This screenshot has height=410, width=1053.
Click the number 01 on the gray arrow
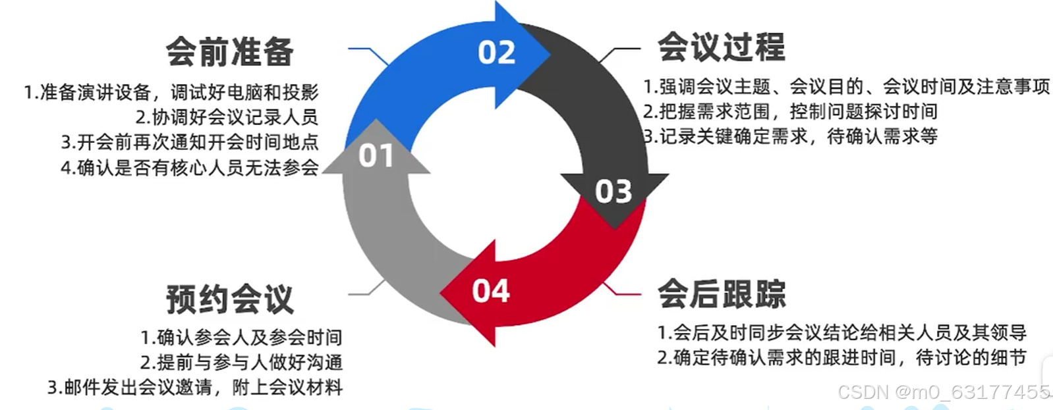(376, 157)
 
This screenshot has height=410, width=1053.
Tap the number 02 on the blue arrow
(497, 53)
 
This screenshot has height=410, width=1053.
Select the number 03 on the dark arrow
(613, 192)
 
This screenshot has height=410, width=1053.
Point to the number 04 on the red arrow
(491, 291)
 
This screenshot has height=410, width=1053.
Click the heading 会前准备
(229, 52)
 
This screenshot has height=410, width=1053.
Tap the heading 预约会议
(229, 299)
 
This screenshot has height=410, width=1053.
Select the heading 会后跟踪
(722, 294)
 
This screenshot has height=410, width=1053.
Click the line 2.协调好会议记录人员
(227, 117)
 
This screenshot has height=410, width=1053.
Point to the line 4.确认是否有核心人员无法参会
(190, 168)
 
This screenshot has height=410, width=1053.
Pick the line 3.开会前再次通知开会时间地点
(190, 142)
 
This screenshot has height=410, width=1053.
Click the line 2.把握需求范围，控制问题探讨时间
(790, 111)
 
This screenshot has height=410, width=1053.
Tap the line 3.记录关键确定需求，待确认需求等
(790, 136)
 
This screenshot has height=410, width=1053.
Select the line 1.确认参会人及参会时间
(241, 338)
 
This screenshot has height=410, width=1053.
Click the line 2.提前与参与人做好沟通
(241, 362)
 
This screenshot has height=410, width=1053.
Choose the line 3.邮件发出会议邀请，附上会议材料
(195, 387)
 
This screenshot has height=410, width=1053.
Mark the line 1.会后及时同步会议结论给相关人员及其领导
(842, 332)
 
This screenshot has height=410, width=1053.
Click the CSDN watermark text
(944, 392)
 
